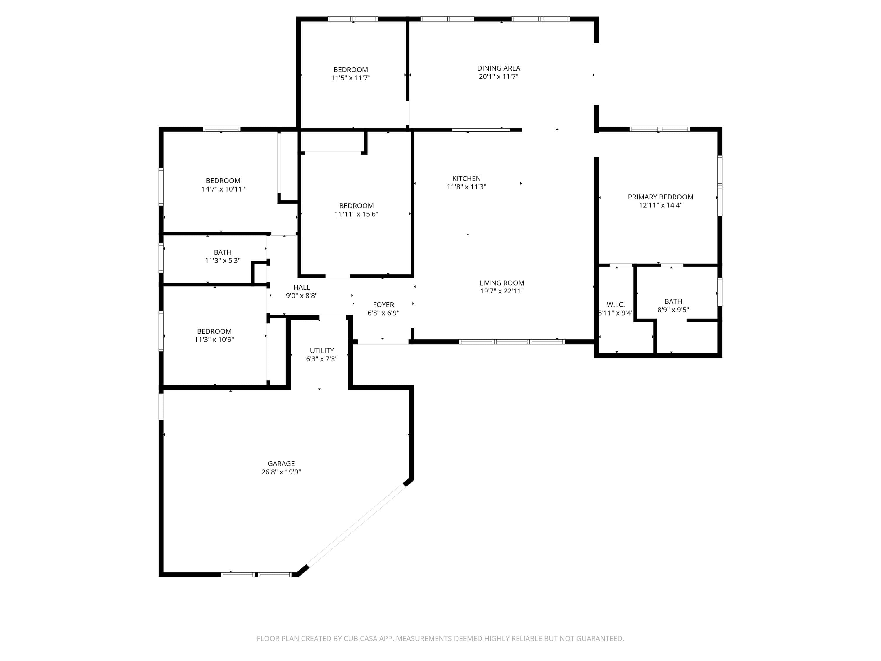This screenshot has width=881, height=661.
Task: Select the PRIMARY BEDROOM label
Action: tap(660, 197)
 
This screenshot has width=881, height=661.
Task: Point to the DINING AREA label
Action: tap(499, 68)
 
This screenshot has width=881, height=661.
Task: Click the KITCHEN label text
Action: tap(466, 179)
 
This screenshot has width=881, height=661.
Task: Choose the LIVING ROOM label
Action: tap(502, 283)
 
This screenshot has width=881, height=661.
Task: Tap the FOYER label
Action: tap(383, 305)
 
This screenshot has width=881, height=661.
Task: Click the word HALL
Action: tap(302, 287)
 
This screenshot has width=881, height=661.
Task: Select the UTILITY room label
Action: tap(322, 350)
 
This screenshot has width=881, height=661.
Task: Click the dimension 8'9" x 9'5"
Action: tap(673, 310)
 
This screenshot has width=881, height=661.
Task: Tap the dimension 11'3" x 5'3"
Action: tap(223, 261)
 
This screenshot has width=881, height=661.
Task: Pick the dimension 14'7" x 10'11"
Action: tap(223, 189)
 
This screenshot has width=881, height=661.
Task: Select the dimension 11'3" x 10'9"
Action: tap(214, 340)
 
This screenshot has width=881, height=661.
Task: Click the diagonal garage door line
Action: tap(357, 525)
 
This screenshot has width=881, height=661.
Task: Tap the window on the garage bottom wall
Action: tap(256, 575)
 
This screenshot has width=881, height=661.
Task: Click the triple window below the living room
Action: tap(512, 341)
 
